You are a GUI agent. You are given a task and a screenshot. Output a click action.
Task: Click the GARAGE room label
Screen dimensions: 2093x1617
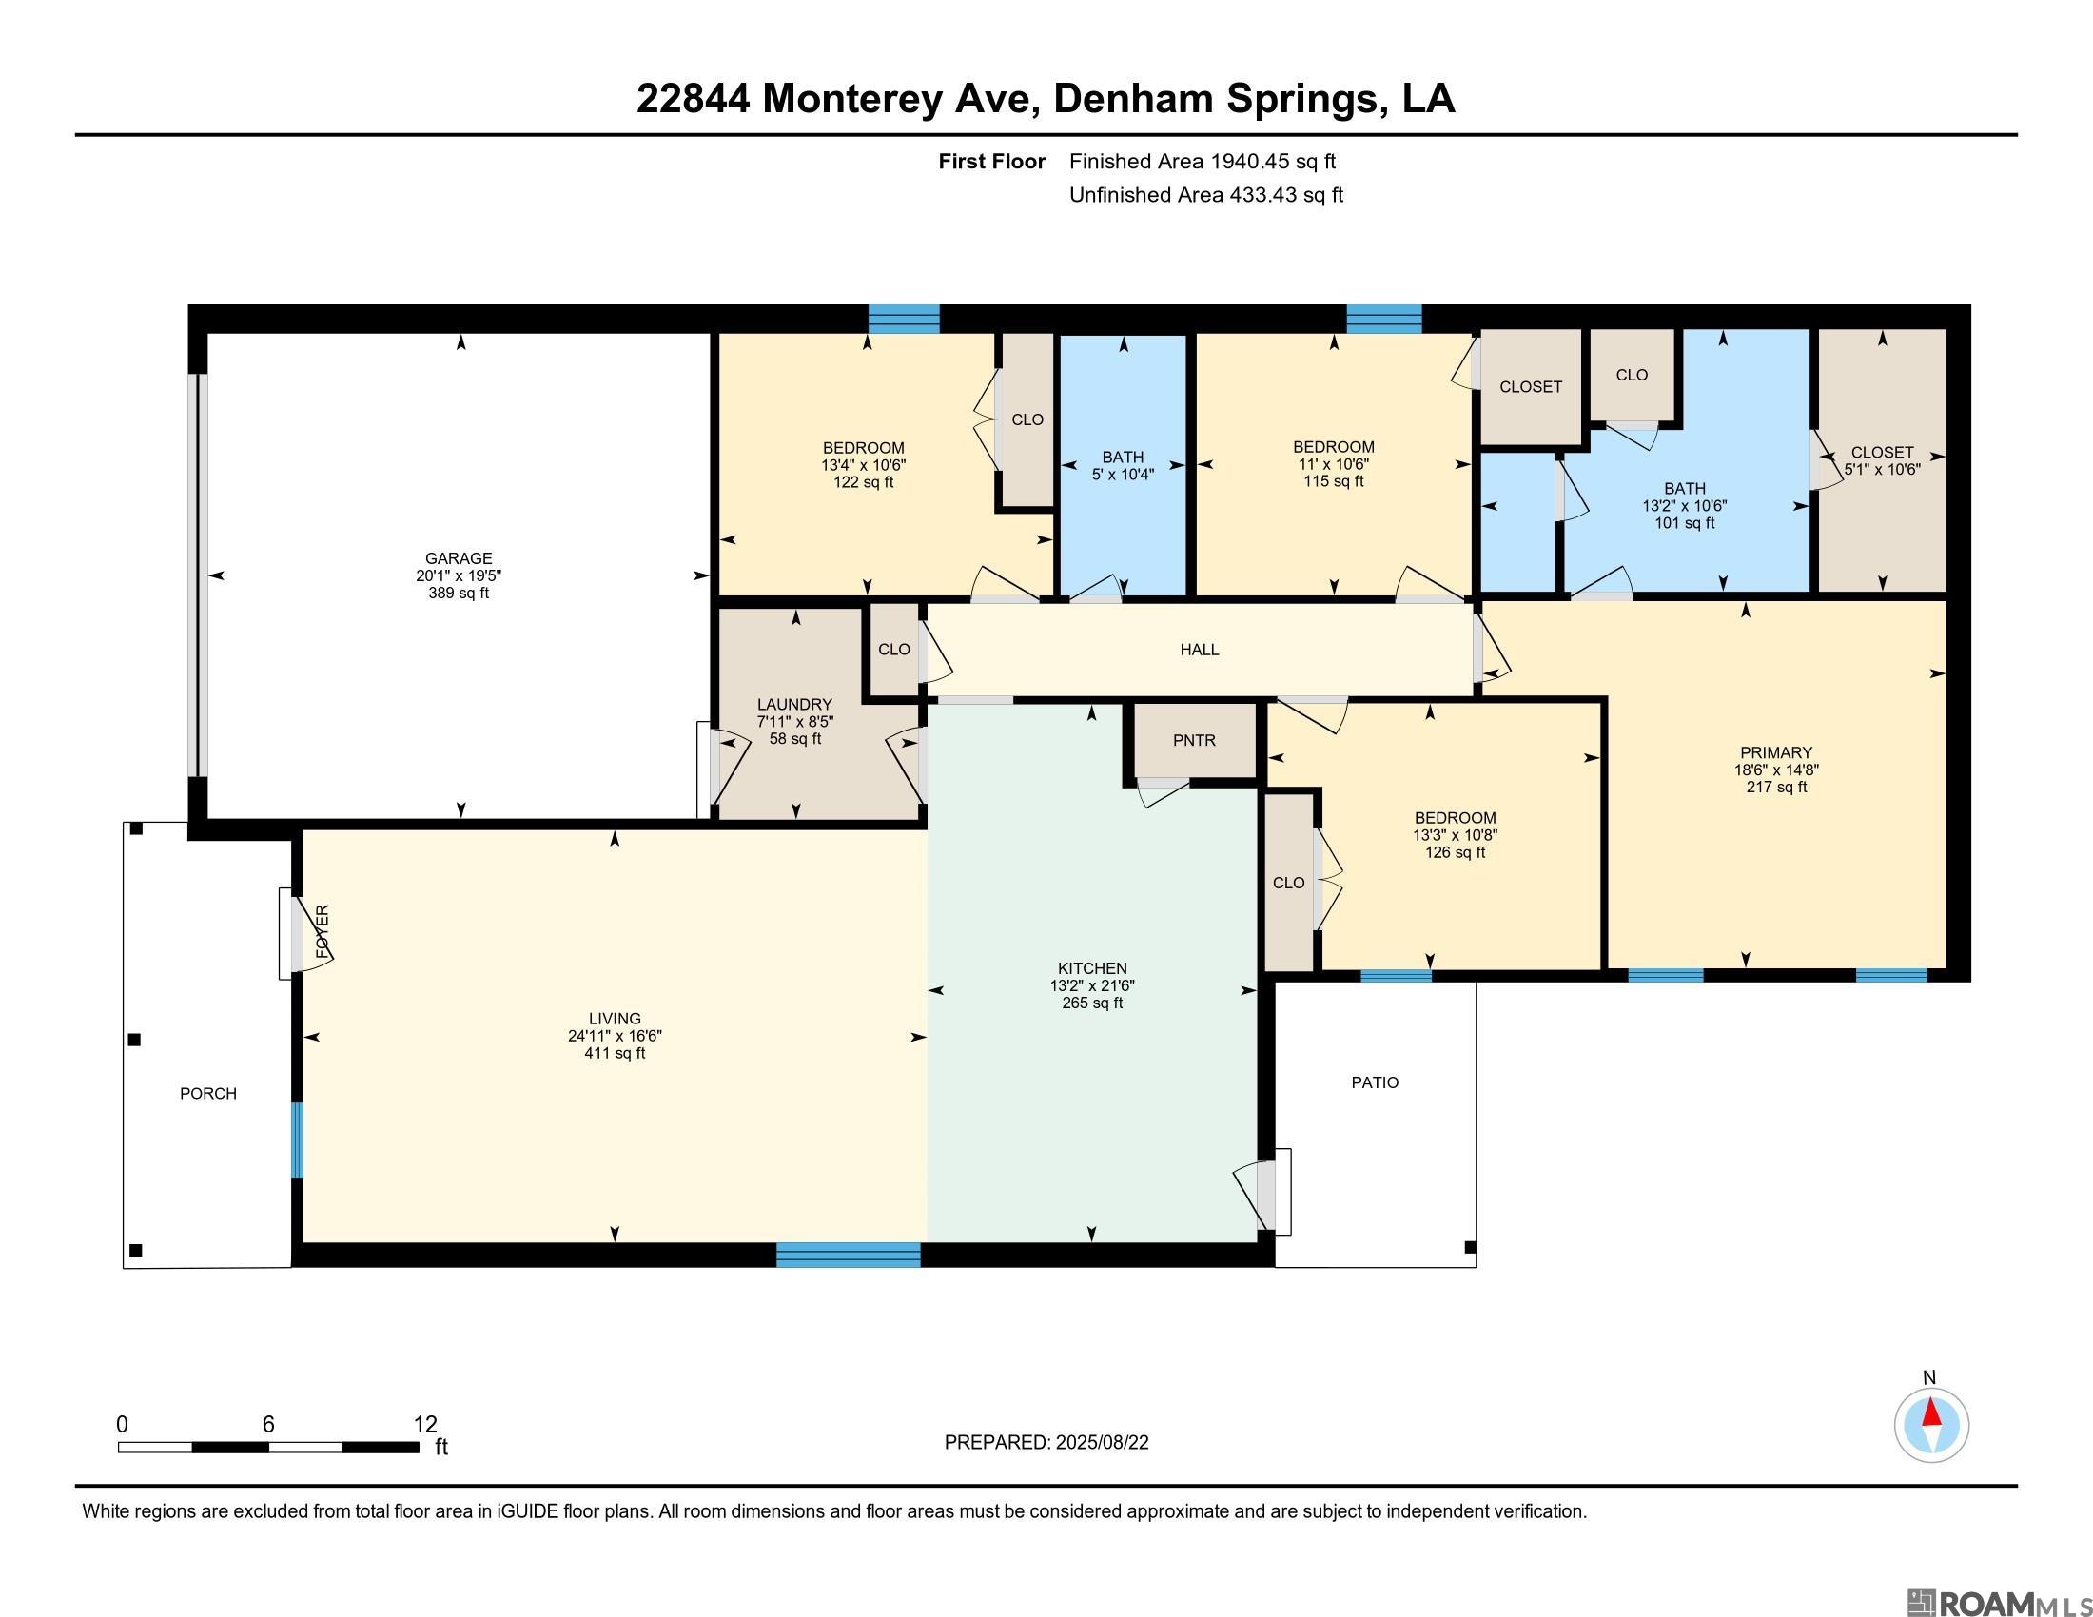[460, 558]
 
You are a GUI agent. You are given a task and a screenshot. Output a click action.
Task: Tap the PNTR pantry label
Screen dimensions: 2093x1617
[1194, 740]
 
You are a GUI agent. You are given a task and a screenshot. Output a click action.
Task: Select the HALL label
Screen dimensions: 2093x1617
[1200, 650]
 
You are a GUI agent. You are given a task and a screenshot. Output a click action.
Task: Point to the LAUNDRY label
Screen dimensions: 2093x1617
[794, 704]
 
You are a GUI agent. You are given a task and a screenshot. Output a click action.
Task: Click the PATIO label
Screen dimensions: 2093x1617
[1376, 1082]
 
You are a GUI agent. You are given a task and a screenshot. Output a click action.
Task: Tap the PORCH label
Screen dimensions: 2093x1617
[208, 1094]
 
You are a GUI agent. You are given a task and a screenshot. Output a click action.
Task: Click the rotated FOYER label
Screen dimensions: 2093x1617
[323, 932]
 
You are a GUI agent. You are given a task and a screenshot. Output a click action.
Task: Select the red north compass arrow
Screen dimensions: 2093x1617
[1932, 1412]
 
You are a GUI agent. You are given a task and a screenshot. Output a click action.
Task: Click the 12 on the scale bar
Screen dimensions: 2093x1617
[425, 1425]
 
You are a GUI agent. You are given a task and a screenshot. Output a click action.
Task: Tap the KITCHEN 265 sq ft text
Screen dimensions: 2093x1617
[1092, 1003]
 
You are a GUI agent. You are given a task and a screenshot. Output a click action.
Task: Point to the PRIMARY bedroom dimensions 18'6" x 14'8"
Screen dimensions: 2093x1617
[1777, 770]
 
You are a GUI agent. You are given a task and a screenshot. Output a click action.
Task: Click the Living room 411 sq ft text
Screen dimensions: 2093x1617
[616, 1053]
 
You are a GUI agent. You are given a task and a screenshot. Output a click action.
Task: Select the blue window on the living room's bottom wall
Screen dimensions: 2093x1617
[848, 1255]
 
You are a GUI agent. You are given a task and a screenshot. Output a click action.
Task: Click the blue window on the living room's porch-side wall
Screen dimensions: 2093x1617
[297, 1140]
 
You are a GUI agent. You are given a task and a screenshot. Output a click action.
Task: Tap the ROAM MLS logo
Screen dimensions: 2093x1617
[1997, 1576]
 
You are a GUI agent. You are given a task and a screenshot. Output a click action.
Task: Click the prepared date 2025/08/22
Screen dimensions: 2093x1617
[1102, 1443]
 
